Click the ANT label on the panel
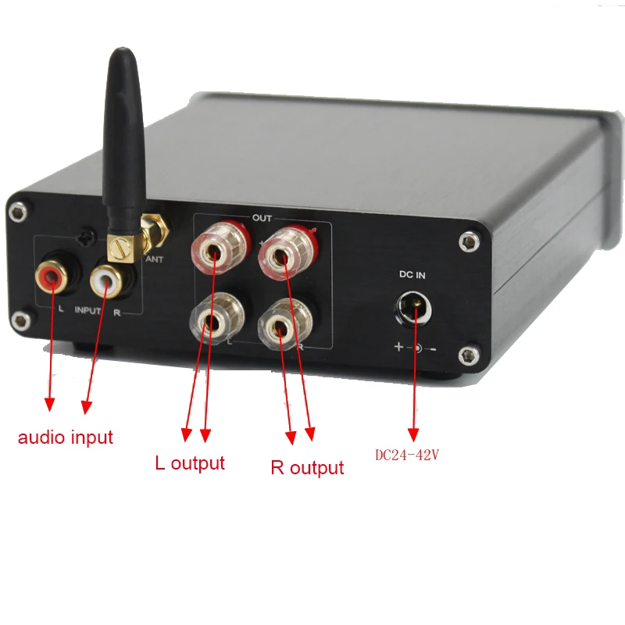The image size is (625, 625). [x=155, y=259]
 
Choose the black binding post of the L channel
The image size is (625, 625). [x=212, y=319]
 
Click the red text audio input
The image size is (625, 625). [x=66, y=437]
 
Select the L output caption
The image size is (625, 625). [x=190, y=462]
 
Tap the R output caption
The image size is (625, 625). [x=307, y=468]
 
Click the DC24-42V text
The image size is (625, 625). [x=408, y=455]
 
